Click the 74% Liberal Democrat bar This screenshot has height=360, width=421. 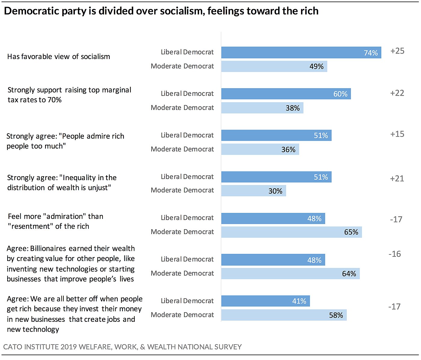(301, 53)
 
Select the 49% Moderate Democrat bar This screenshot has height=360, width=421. (274, 66)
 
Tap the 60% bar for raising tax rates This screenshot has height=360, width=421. (286, 94)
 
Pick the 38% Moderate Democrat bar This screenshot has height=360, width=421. (262, 108)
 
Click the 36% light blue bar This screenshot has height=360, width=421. (260, 149)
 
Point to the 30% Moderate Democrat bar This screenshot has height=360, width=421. (254, 191)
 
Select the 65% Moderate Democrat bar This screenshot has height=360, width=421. (291, 232)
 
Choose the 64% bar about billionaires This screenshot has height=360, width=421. (290, 274)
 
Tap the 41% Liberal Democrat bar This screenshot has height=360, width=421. (266, 301)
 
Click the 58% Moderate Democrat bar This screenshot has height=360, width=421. (284, 315)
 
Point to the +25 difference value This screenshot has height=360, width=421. (397, 51)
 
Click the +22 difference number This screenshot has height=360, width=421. (397, 93)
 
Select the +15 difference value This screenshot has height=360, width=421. (397, 134)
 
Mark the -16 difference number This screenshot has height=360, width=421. (395, 254)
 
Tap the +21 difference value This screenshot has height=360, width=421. (397, 179)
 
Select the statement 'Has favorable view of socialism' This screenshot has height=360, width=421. (59, 57)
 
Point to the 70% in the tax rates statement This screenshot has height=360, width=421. (54, 100)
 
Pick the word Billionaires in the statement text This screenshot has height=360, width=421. (48, 249)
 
